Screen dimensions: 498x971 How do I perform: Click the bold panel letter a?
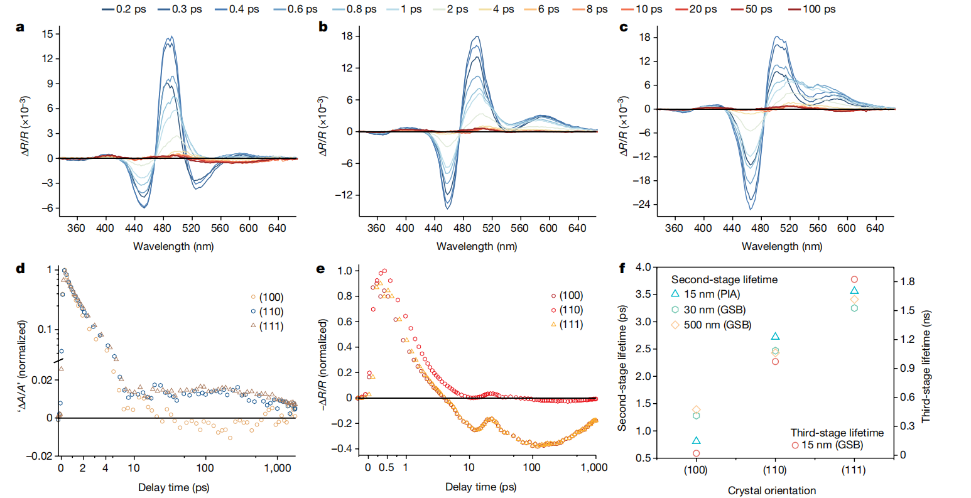(21, 27)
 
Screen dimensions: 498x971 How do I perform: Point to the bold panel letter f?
(622, 269)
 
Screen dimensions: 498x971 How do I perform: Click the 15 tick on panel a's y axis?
(48, 34)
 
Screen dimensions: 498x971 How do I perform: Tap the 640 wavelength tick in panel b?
(577, 229)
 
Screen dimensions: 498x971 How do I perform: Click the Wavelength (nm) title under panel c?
(781, 246)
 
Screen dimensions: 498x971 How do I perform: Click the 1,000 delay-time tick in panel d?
(277, 468)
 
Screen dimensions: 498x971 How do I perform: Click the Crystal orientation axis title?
(772, 490)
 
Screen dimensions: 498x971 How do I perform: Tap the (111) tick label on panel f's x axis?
(854, 470)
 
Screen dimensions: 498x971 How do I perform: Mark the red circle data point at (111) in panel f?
(854, 279)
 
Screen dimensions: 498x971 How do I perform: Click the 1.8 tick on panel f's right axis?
(908, 281)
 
